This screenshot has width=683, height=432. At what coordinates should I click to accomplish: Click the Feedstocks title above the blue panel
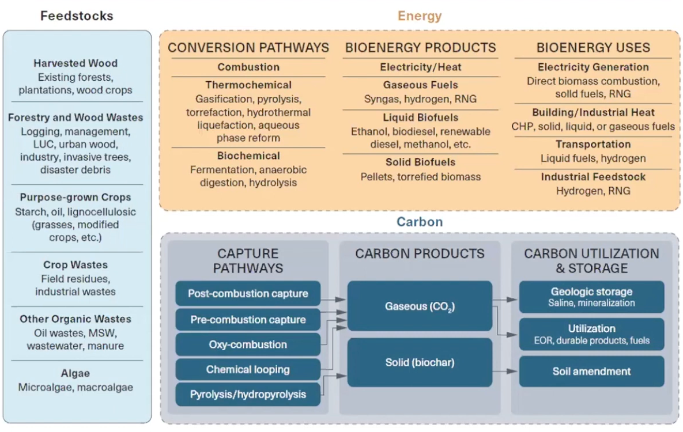(77, 16)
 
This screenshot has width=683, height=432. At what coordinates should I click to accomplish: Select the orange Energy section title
(419, 16)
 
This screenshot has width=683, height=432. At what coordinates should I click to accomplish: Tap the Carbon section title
(420, 222)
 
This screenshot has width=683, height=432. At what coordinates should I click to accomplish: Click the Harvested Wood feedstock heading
(76, 63)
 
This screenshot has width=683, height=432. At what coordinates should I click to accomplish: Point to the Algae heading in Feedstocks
(76, 373)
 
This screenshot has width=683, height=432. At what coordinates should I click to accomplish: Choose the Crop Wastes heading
(76, 265)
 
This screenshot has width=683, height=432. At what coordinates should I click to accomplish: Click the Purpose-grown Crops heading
(76, 197)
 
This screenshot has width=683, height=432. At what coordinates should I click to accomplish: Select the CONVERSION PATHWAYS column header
(248, 47)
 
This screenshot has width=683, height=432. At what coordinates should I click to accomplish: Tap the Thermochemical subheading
(248, 85)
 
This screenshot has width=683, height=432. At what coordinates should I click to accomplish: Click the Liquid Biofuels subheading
(421, 118)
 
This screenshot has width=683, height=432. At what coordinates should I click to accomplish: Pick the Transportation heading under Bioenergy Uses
(593, 144)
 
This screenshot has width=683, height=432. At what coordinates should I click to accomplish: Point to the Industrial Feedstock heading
(593, 176)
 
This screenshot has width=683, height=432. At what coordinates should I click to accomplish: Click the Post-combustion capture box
(248, 294)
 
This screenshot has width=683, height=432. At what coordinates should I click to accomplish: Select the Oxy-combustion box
(248, 344)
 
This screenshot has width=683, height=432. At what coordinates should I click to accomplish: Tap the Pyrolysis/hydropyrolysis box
(248, 395)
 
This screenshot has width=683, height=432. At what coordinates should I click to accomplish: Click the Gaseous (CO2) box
(420, 306)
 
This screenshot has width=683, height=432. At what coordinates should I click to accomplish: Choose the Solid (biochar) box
(420, 362)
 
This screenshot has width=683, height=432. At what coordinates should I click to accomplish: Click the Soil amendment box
(591, 372)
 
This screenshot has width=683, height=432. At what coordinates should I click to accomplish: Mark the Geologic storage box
(591, 297)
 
